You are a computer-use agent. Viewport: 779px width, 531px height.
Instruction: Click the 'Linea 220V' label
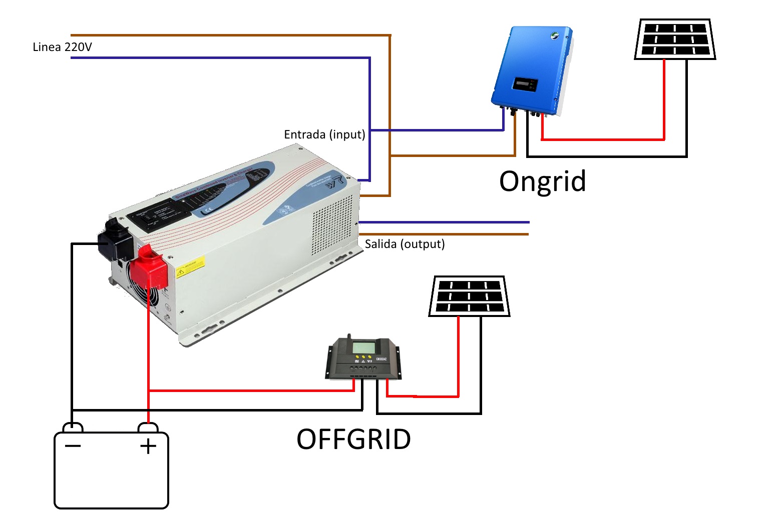pyautogui.click(x=62, y=47)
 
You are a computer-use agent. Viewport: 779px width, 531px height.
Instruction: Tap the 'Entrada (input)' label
pyautogui.click(x=324, y=134)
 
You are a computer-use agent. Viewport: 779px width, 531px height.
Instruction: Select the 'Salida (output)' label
pyautogui.click(x=405, y=244)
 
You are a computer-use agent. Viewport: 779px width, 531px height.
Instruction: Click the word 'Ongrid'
pyautogui.click(x=542, y=181)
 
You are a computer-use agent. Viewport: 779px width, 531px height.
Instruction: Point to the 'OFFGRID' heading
pyautogui.click(x=353, y=439)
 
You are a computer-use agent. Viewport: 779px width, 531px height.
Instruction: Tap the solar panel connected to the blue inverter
pyautogui.click(x=674, y=39)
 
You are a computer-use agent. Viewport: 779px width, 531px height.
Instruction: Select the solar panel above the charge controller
pyautogui.click(x=469, y=296)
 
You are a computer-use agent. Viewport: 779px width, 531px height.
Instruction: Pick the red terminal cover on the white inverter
pyautogui.click(x=151, y=267)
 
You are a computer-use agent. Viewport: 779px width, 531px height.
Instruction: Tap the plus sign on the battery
pyautogui.click(x=148, y=446)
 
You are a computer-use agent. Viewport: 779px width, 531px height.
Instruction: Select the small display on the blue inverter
pyautogui.click(x=525, y=84)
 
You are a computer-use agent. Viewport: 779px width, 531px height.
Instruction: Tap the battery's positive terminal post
pyautogui.click(x=148, y=428)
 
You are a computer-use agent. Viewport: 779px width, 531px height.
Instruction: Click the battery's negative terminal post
pyautogui.click(x=73, y=428)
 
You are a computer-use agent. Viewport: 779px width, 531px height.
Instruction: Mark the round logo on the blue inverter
pyautogui.click(x=555, y=36)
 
